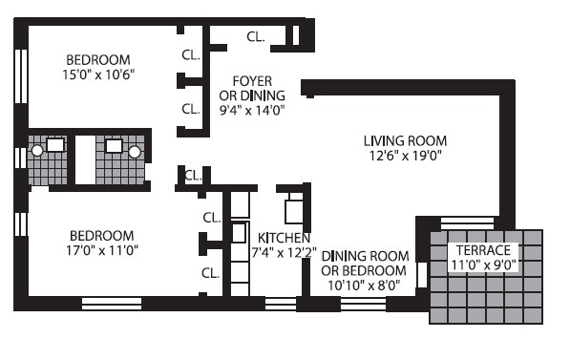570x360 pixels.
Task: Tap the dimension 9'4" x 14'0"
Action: click(x=245, y=110)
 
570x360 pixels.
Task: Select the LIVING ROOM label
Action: click(x=405, y=141)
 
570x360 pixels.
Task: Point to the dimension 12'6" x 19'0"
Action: click(x=405, y=157)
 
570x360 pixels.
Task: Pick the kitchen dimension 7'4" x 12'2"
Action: click(x=282, y=253)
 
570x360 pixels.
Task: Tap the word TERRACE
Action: click(x=483, y=249)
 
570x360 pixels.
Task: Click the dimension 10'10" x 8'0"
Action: click(x=365, y=284)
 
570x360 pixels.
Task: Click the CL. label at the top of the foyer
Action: click(x=256, y=37)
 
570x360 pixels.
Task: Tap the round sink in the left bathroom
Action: click(x=36, y=151)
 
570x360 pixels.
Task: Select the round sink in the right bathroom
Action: click(x=135, y=151)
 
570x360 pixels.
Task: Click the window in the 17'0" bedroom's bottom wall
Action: click(x=111, y=304)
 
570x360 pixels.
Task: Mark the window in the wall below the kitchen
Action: click(x=280, y=304)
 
